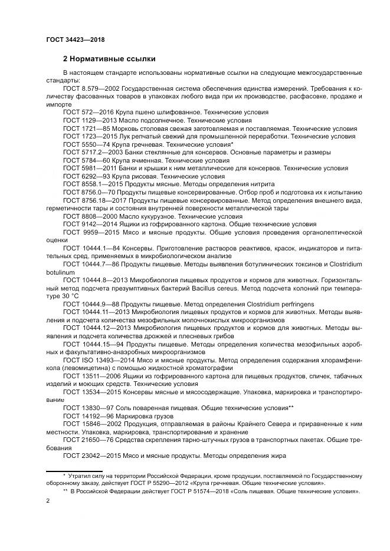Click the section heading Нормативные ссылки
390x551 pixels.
click(x=109, y=59)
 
